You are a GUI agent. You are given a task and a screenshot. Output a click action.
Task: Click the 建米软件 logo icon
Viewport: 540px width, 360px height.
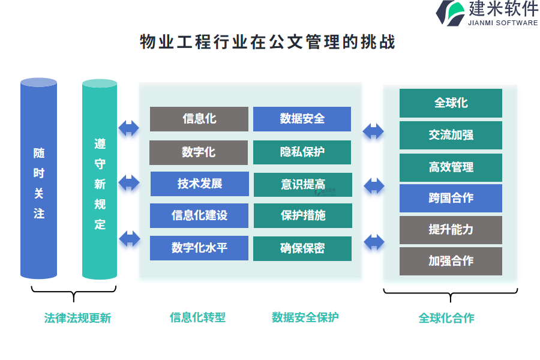(450, 13)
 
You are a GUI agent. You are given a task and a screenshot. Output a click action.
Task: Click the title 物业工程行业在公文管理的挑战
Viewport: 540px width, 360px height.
(268, 43)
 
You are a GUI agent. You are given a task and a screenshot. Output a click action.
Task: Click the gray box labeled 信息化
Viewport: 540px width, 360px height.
(199, 119)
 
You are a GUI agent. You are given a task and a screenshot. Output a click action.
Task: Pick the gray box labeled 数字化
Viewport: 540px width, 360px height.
(199, 152)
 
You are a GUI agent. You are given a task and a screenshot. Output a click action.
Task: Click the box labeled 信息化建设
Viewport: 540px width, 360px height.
(199, 215)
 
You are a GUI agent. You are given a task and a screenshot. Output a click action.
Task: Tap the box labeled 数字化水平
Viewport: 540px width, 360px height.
(199, 248)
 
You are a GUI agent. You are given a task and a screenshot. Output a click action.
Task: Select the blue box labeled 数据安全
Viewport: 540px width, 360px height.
(302, 119)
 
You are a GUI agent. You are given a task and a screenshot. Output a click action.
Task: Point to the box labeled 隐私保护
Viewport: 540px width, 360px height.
(302, 152)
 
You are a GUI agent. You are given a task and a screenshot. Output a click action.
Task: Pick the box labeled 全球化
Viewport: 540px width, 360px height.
(451, 103)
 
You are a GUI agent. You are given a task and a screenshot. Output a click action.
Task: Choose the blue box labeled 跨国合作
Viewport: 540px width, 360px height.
(451, 198)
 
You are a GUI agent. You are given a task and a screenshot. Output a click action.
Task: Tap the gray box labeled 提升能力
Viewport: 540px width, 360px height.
(451, 230)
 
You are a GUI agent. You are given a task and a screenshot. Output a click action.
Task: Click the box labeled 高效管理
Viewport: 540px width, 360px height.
(451, 167)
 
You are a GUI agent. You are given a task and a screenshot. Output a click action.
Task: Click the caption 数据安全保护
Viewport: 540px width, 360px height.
(305, 317)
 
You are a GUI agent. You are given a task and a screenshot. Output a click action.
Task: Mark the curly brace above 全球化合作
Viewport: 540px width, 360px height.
(450, 294)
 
